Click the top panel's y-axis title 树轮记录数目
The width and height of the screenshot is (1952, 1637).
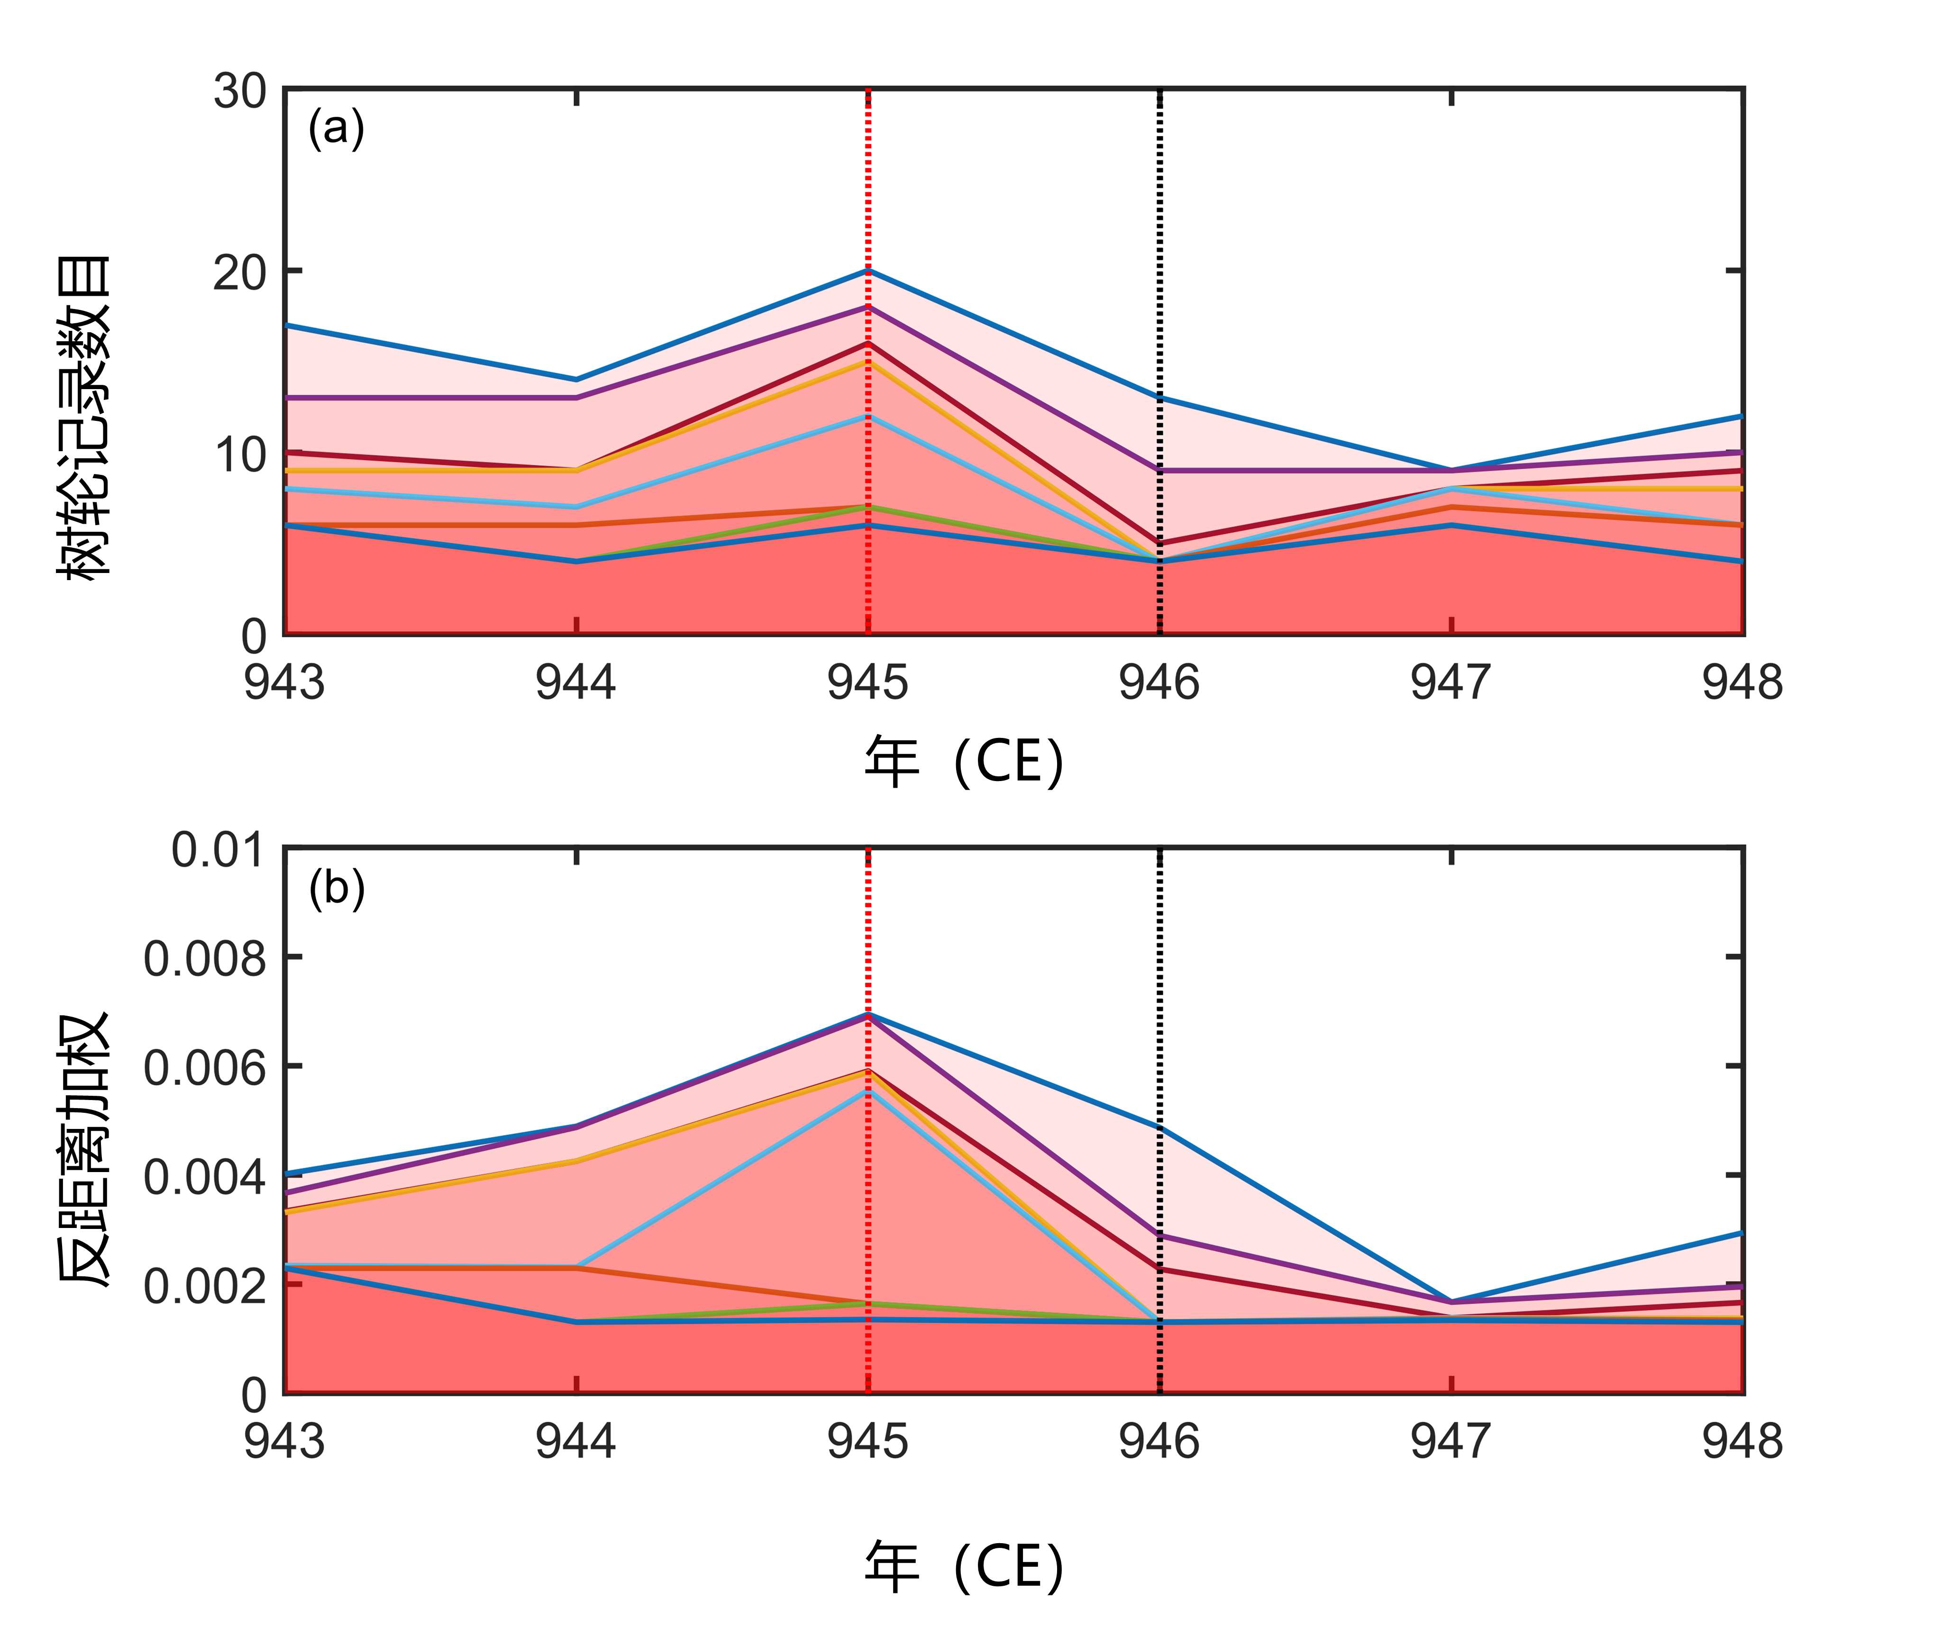point(83,418)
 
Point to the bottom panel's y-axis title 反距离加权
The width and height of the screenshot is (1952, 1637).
point(83,1148)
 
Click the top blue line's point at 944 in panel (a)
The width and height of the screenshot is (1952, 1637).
point(576,379)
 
